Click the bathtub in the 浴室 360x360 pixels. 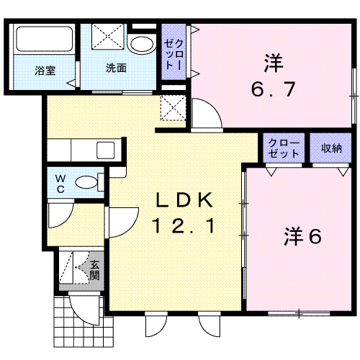(45, 38)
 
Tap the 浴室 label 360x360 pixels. (45, 71)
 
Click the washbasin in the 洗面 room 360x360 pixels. (141, 44)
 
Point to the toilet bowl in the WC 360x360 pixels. (86, 182)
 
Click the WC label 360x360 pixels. (60, 184)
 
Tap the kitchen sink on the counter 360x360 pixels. (106, 150)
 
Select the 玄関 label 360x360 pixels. (94, 270)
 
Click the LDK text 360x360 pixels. (184, 200)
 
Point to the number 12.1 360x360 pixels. (184, 225)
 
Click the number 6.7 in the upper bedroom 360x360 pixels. (273, 89)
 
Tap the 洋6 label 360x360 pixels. (302, 236)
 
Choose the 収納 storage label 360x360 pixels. (331, 148)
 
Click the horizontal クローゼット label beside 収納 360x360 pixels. (284, 148)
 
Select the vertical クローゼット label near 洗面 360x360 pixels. (174, 55)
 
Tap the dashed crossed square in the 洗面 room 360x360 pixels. (108, 37)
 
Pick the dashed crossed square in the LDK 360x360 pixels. (174, 107)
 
